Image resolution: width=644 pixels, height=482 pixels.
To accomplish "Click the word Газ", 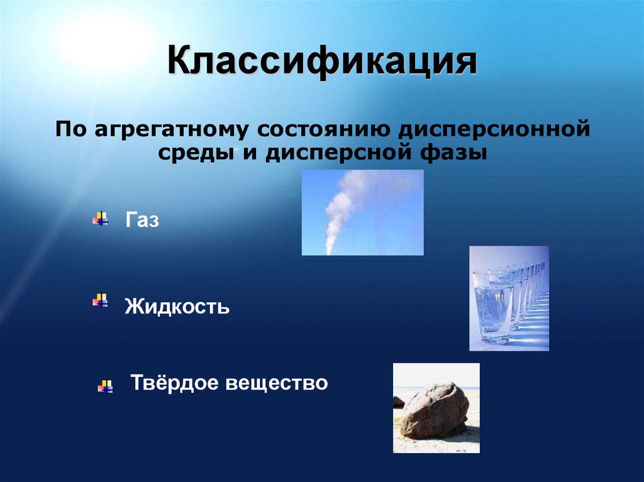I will point(142,220).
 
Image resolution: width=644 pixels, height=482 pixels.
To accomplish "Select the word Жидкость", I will point(177,307).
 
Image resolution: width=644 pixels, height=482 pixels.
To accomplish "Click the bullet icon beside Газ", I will point(101,219).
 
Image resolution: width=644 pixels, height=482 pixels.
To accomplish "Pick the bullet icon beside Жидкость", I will point(100,300).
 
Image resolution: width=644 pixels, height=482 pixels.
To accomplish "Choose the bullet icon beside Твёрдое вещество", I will point(105,386).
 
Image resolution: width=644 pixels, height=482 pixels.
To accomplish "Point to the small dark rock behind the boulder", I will point(399,402).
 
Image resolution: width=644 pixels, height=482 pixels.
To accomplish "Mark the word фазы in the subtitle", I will point(455,153).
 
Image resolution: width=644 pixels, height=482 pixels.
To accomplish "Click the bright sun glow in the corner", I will point(104,41).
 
